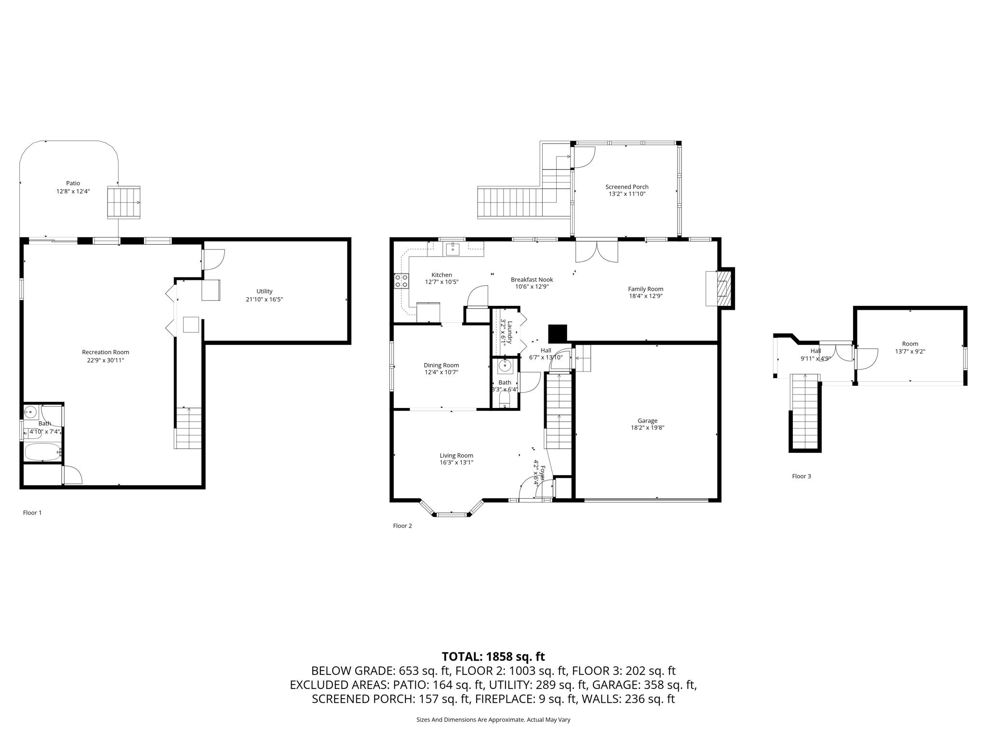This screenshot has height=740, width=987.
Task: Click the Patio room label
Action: (x=73, y=183)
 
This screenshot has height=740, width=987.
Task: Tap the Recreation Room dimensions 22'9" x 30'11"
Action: (x=106, y=360)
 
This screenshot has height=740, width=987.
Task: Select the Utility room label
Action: (x=264, y=291)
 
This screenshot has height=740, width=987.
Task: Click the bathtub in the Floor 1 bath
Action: (x=42, y=452)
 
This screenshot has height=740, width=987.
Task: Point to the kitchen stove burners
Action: (x=401, y=281)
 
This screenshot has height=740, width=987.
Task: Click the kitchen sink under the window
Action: (x=453, y=249)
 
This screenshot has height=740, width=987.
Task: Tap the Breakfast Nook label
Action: (x=532, y=279)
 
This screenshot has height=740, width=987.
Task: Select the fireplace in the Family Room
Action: (x=722, y=289)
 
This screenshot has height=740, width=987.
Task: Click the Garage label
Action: (x=647, y=421)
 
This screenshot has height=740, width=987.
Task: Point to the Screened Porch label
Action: (x=627, y=187)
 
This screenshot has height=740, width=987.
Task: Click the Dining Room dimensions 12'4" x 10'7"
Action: (x=441, y=372)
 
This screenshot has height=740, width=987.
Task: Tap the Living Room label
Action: (x=456, y=455)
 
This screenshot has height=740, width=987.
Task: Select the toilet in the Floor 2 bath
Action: (x=505, y=399)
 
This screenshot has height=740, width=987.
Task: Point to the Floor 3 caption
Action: (x=801, y=476)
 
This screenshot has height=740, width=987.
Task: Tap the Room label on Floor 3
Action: (x=910, y=344)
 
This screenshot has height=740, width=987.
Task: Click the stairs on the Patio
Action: (x=123, y=203)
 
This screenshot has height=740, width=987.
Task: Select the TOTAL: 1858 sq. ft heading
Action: (x=493, y=657)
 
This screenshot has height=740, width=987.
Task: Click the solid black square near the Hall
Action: (x=558, y=333)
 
